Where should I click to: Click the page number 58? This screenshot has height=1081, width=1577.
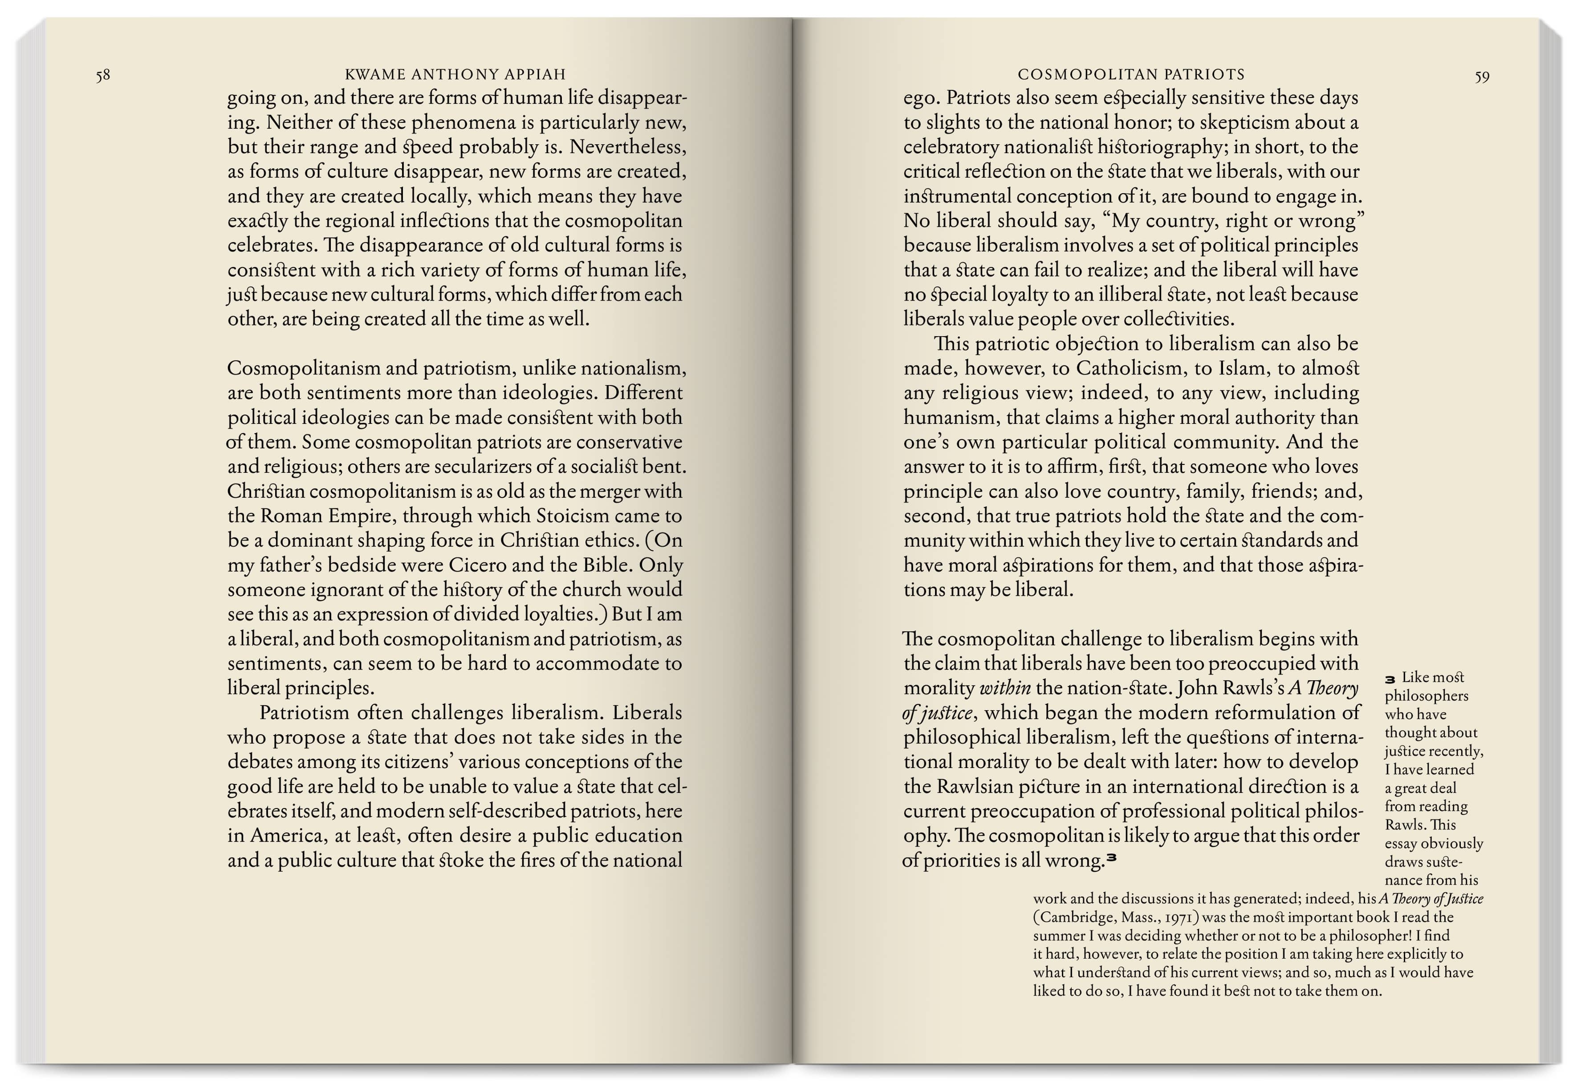(102, 75)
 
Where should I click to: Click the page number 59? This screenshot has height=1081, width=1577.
(1482, 77)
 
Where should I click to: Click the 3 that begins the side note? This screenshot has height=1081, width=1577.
(1390, 679)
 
